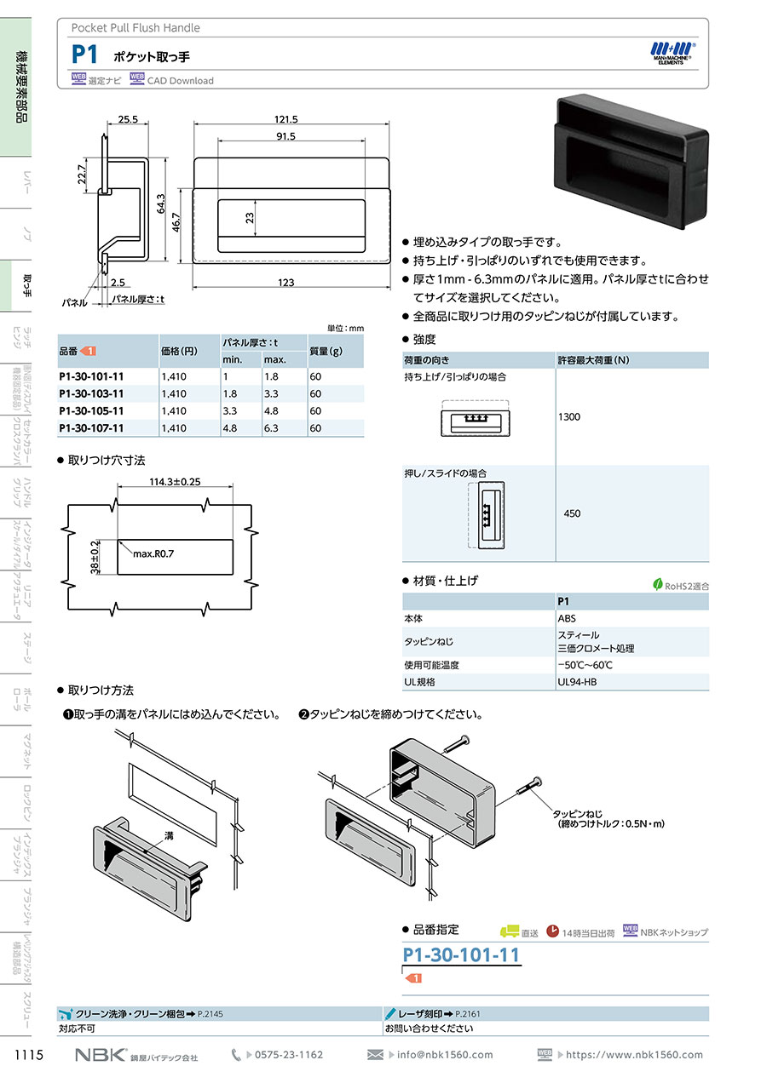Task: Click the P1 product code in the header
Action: [x=84, y=55]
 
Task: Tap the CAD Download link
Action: [x=180, y=81]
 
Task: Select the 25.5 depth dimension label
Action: [x=128, y=119]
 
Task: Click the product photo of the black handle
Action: [x=631, y=162]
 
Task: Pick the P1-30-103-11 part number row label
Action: [x=91, y=394]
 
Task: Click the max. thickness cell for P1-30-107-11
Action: [x=274, y=429]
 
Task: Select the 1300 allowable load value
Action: [x=570, y=417]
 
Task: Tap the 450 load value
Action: [x=572, y=513]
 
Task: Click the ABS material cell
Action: [x=566, y=619]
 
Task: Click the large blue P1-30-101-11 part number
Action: [x=460, y=954]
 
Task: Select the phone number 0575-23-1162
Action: [x=289, y=1055]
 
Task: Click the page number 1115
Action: [x=29, y=1056]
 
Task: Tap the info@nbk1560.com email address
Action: [x=444, y=1055]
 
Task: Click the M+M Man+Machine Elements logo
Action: [x=673, y=54]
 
